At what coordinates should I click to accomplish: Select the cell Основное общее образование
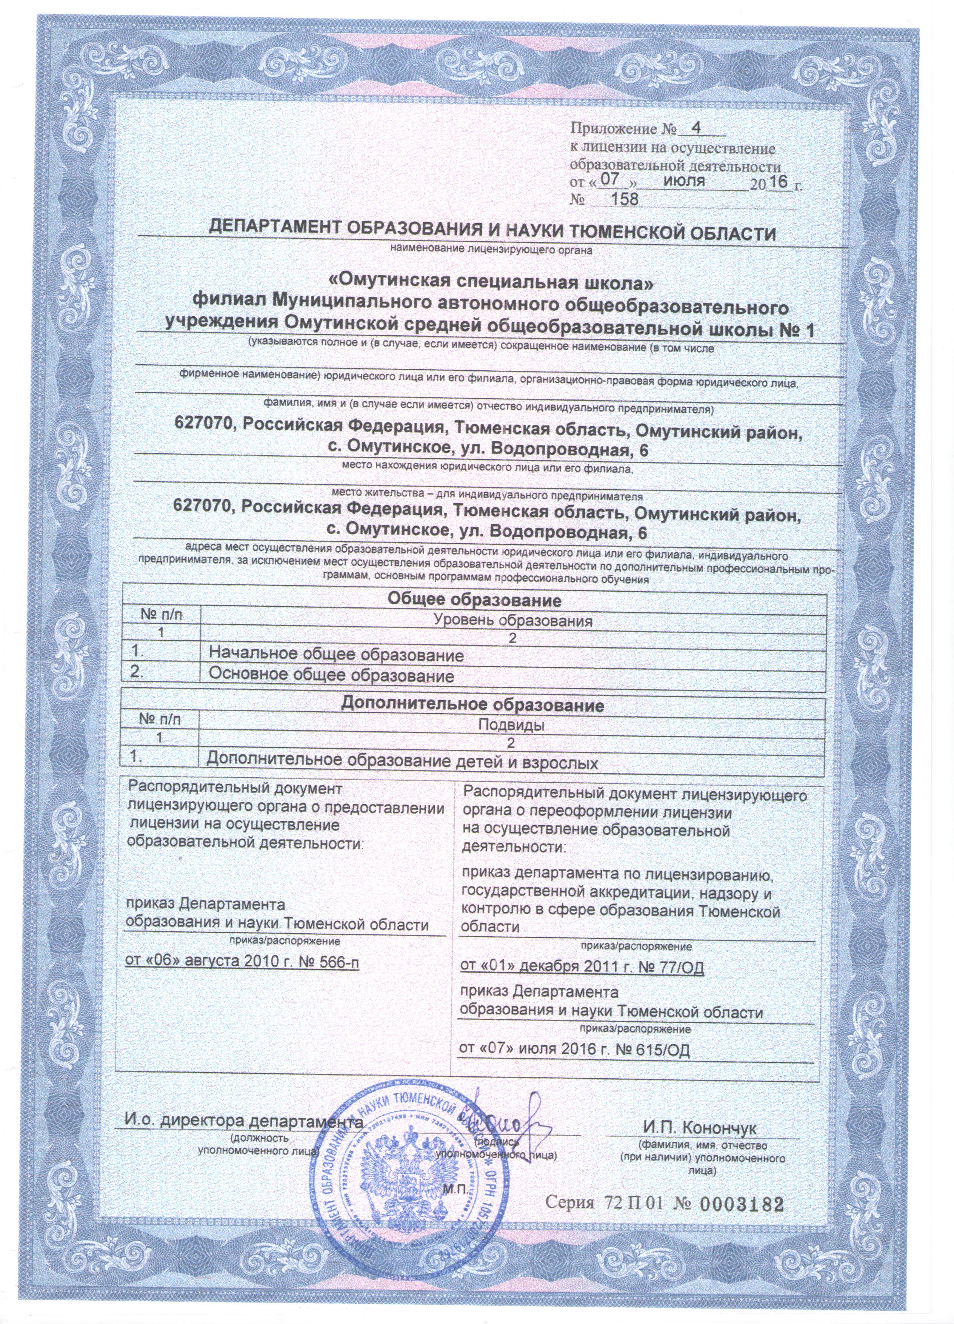coord(331,676)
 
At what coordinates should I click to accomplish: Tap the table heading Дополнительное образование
coord(472,705)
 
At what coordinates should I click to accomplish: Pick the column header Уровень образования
coord(514,621)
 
